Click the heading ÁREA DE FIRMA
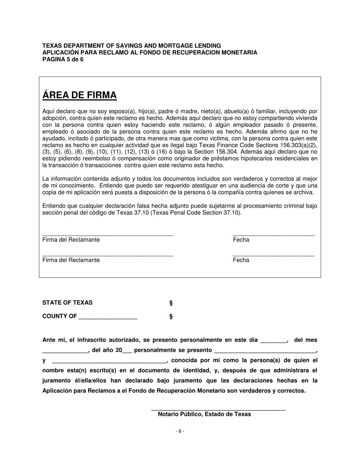tap(80, 95)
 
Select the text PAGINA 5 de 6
tap(63, 59)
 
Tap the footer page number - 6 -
tap(180, 431)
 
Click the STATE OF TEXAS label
tap(67, 303)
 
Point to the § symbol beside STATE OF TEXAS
tap(171, 303)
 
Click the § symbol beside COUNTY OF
tap(171, 317)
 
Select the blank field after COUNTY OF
tap(108, 317)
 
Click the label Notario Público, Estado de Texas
tap(204, 414)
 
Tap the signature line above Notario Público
tap(218, 410)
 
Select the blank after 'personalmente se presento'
tap(265, 351)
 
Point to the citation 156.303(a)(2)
tap(298, 145)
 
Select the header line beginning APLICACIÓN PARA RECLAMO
tap(150, 53)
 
